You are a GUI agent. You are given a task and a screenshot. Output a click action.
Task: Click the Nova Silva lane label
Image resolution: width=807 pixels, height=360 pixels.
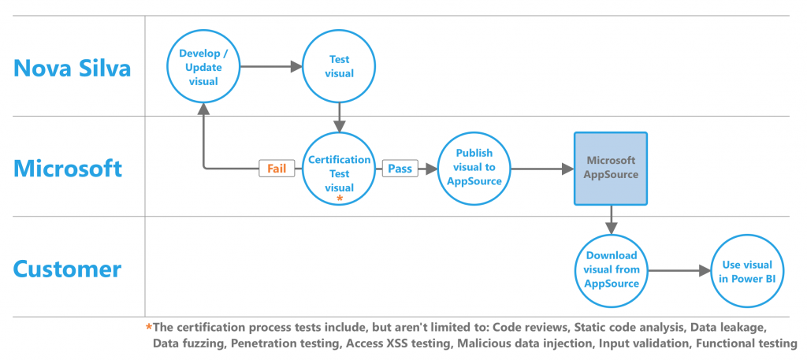(72, 68)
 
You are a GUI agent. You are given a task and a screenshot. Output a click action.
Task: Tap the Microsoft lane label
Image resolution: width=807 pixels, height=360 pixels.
(68, 168)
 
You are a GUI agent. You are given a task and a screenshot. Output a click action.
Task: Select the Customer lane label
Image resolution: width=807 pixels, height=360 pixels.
(68, 269)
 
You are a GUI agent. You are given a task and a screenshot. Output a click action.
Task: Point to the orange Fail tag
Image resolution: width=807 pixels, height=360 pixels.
(277, 168)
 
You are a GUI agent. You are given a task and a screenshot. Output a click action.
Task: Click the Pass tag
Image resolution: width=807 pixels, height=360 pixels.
(400, 168)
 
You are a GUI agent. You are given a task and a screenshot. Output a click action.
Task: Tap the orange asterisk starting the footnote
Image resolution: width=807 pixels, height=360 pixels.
(149, 327)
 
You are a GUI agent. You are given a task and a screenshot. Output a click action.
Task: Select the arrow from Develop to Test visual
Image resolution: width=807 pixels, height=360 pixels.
(272, 66)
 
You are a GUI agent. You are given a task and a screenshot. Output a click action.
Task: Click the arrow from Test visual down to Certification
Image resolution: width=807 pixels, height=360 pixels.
(339, 118)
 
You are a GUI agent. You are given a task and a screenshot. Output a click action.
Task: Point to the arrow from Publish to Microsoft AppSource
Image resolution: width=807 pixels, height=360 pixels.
(543, 168)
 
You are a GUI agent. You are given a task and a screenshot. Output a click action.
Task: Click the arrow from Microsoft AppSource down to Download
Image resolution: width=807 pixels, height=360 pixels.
(611, 220)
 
